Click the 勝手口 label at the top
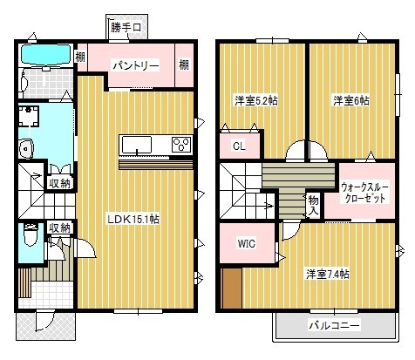126,28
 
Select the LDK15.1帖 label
132,218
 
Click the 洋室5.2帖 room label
255,101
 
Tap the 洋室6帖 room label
350,101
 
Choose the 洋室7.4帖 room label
327,275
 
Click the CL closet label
237,148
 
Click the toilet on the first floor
31,238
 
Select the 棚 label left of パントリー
80,58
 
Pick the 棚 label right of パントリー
184,65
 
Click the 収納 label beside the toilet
59,228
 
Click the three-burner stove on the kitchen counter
181,144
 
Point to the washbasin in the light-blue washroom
26,147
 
